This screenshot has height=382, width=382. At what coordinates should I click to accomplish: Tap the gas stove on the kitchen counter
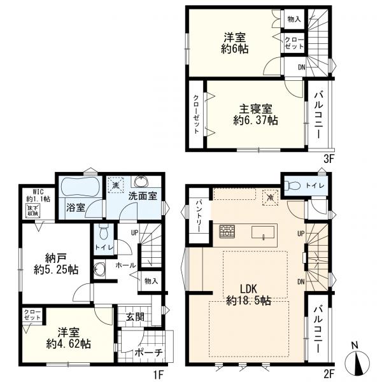point(227,231)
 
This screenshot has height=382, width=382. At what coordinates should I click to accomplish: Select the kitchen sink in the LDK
point(263,232)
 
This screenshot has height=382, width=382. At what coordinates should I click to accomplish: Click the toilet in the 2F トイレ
point(293,186)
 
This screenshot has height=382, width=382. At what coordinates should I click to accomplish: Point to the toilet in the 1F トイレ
point(104,231)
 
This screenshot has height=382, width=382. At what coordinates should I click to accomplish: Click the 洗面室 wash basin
point(140,181)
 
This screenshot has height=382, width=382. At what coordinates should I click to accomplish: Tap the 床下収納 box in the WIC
point(34,211)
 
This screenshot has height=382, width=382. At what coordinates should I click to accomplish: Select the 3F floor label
point(328,159)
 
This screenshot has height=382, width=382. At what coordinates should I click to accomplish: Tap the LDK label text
point(248,289)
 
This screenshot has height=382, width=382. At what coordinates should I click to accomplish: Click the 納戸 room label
point(56,257)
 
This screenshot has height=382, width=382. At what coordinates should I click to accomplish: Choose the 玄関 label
point(135,317)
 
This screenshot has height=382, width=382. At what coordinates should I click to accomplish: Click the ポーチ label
point(148,353)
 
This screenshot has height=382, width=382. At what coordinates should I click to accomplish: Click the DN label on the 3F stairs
point(302,67)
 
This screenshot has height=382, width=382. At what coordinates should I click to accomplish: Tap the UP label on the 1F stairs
point(134,233)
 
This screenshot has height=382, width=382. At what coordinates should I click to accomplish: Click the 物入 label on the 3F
point(294,19)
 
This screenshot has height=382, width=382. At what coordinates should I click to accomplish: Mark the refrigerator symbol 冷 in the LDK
point(270,197)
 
